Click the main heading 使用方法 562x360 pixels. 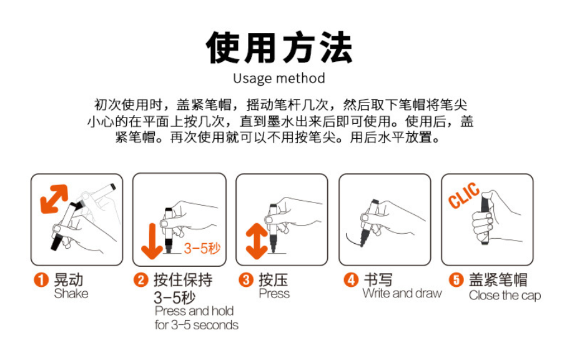[279, 47]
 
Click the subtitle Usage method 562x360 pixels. [279, 78]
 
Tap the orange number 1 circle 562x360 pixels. [41, 279]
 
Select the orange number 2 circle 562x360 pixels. [141, 279]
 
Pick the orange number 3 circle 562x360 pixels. [246, 279]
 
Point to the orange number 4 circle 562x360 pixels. [351, 279]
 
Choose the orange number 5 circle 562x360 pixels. [456, 279]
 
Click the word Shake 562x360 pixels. [71, 294]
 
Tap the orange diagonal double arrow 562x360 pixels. [54, 199]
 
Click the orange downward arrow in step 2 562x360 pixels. [152, 241]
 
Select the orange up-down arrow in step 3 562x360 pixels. [257, 241]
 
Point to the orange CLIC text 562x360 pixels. [463, 196]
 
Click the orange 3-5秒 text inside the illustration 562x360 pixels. [202, 248]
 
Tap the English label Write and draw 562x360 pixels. [402, 293]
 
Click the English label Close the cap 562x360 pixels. [505, 296]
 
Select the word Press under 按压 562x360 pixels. [274, 294]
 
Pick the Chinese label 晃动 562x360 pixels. [69, 279]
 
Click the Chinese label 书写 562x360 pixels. [378, 279]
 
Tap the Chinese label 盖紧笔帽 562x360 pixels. [498, 279]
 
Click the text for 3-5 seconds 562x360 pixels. [197, 325]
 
